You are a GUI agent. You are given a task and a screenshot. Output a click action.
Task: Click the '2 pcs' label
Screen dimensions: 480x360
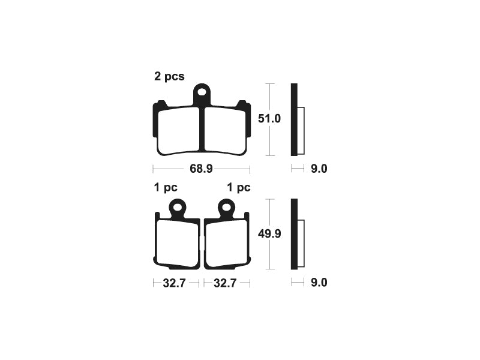pyautogui.click(x=169, y=77)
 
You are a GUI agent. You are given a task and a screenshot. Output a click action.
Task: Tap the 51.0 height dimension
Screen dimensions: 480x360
pyautogui.click(x=269, y=118)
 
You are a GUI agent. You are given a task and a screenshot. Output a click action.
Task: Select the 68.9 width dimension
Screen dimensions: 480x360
pyautogui.click(x=201, y=169)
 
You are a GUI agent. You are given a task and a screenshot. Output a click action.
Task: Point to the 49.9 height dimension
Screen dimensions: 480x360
pyautogui.click(x=269, y=234)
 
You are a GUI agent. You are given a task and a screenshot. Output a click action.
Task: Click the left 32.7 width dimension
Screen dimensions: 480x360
pyautogui.click(x=174, y=283)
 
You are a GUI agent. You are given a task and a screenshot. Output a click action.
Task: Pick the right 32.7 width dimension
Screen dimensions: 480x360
pyautogui.click(x=225, y=283)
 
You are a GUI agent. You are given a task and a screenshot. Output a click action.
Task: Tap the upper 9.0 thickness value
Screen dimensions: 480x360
pyautogui.click(x=319, y=169)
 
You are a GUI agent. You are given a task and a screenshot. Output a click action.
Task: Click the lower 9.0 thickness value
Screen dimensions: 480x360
pyautogui.click(x=319, y=283)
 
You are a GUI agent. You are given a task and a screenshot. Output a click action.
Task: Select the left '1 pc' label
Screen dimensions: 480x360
pyautogui.click(x=166, y=187)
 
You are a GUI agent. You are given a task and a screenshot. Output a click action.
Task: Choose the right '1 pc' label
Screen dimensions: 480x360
pyautogui.click(x=238, y=187)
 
